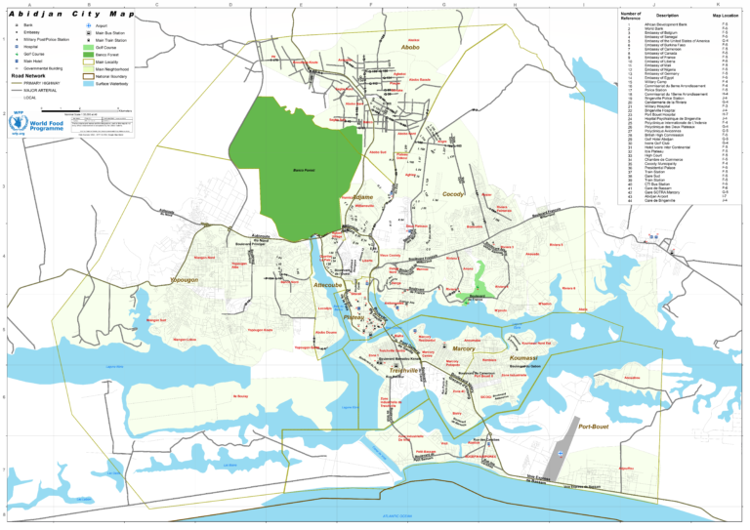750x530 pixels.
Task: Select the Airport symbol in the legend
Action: (x=88, y=24)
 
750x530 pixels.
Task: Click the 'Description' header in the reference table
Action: (x=667, y=16)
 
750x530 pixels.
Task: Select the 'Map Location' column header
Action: (x=724, y=16)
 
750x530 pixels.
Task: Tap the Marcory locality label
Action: (x=463, y=348)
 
